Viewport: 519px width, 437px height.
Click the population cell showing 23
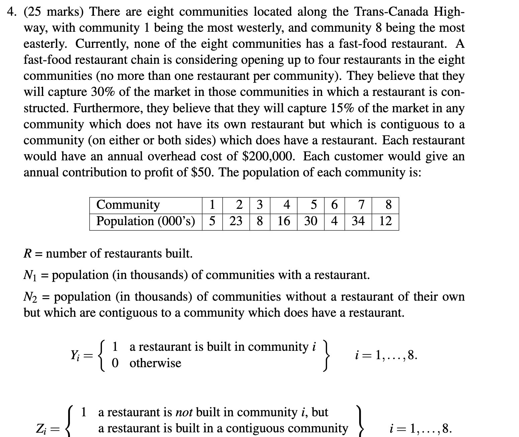tap(236, 221)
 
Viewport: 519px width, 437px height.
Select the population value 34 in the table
tap(358, 221)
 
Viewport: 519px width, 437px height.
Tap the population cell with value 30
tap(311, 221)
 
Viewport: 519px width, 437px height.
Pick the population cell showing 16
tap(284, 221)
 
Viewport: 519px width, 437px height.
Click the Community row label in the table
tap(128, 204)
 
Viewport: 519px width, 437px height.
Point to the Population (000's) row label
tap(145, 221)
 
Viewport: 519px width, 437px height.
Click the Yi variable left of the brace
tap(75, 355)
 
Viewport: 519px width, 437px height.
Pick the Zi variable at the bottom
tap(41, 429)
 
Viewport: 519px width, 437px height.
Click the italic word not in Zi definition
tap(184, 413)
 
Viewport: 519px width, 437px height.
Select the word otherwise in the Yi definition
tap(155, 363)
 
